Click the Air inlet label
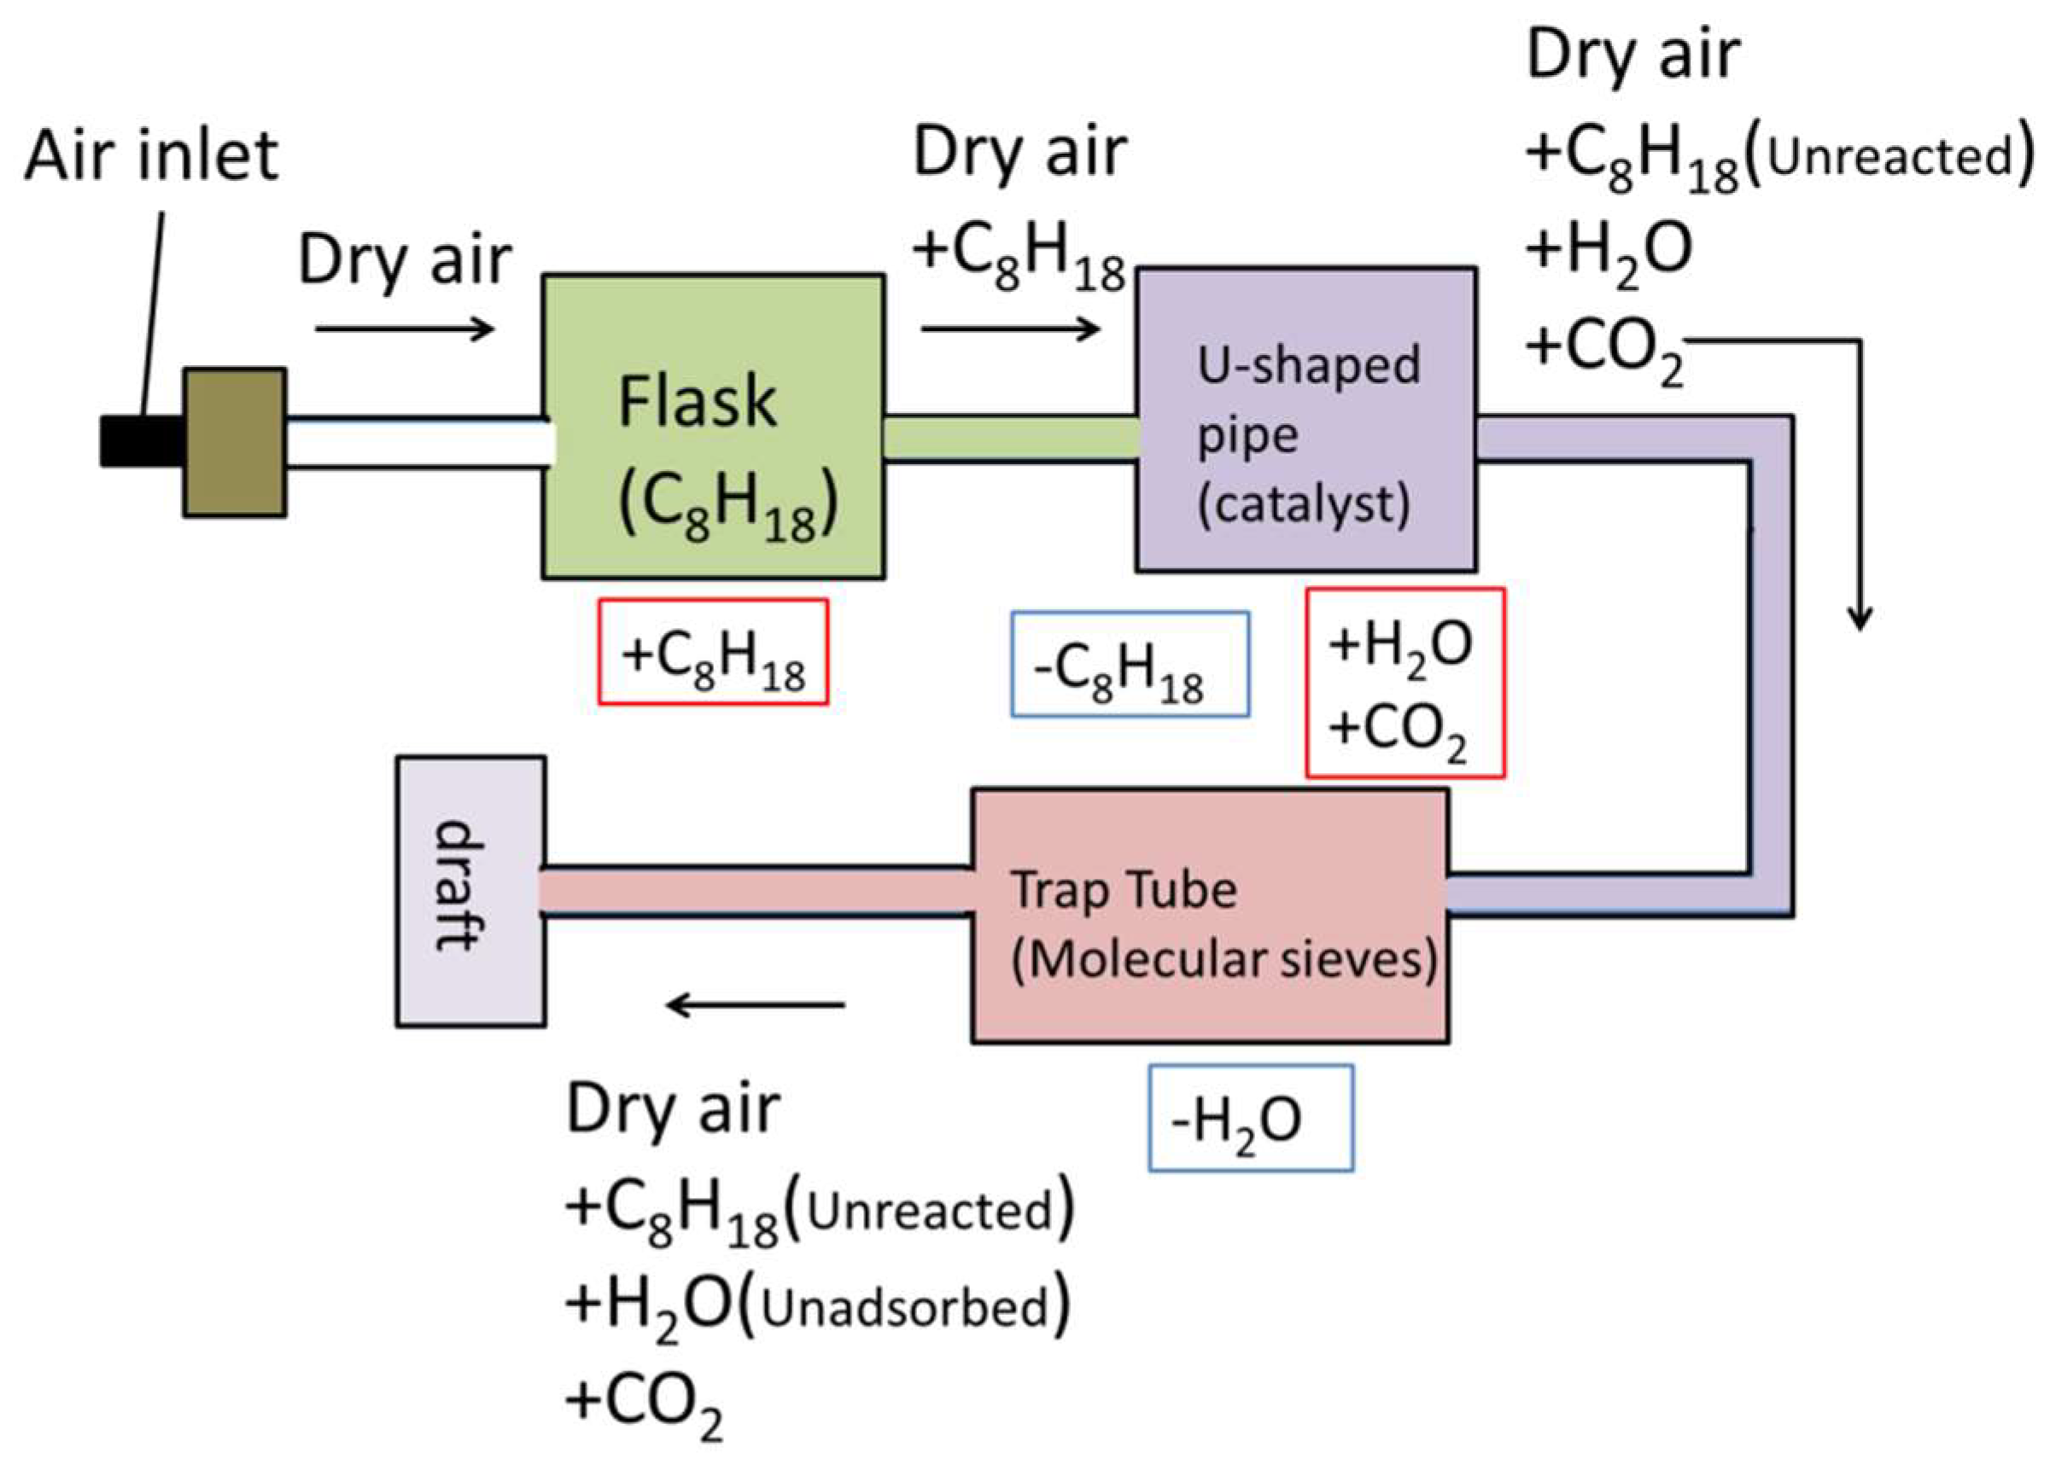151,156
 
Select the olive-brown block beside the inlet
235,442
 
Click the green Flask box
712,427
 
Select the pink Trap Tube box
1209,916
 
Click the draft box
470,892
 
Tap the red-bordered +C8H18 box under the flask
712,652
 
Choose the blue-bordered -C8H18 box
1129,665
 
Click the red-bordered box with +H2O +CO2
1405,683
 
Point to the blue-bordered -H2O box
1250,1119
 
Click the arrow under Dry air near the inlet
405,328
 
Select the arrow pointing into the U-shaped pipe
1010,328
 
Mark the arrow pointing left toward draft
756,1004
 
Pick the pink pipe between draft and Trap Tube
756,892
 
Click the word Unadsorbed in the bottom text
905,1309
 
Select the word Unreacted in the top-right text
1890,157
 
